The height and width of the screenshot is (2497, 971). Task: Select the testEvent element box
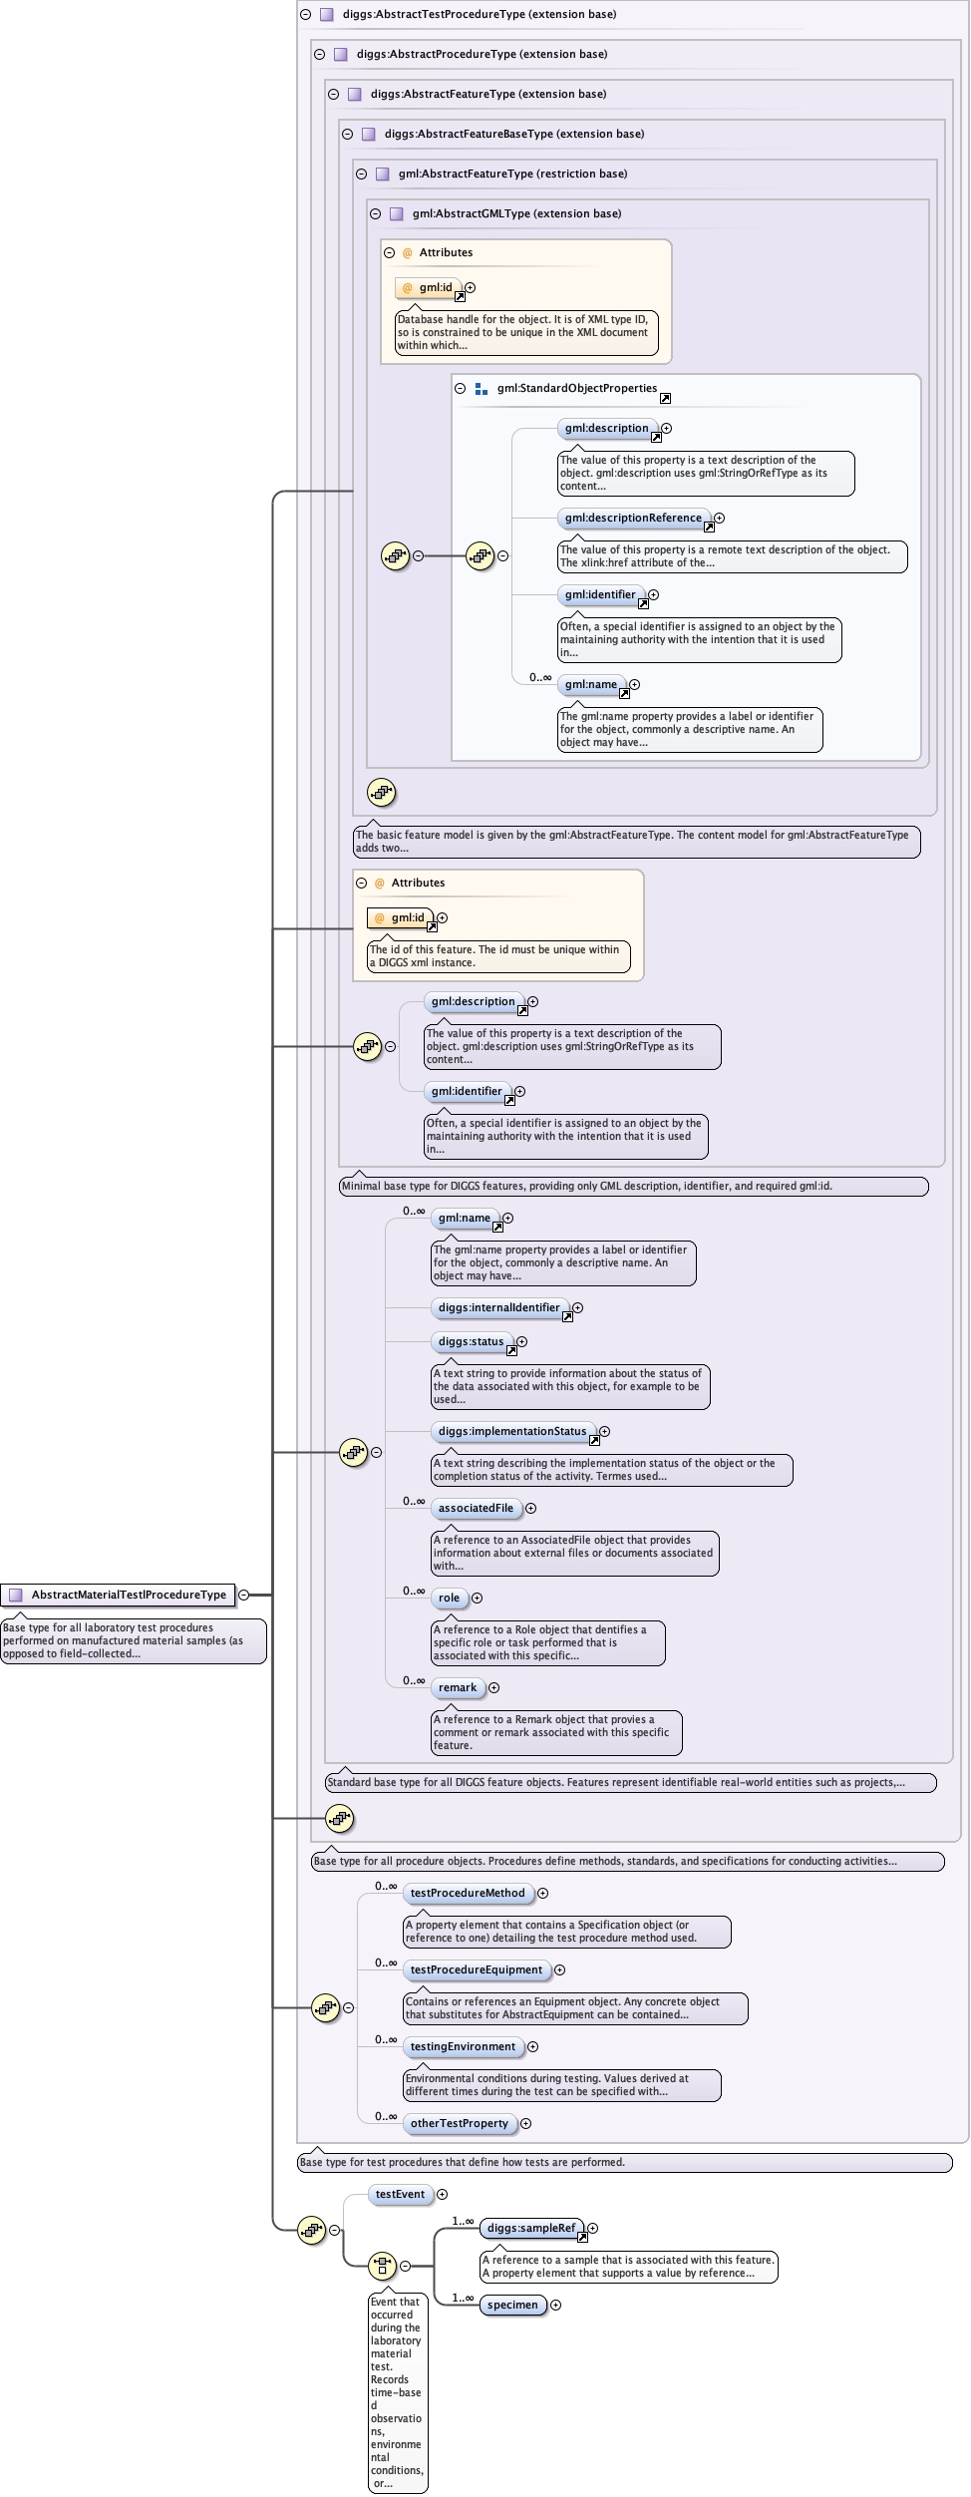click(400, 2194)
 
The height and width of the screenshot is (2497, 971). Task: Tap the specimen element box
click(512, 2305)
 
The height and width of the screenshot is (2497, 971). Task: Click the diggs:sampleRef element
click(530, 2228)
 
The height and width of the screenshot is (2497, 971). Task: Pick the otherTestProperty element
click(459, 2123)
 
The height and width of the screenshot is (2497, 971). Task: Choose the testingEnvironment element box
click(463, 2046)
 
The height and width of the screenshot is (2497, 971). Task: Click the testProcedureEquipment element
click(477, 1969)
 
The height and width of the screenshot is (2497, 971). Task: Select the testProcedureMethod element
click(467, 1893)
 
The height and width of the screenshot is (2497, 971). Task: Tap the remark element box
click(458, 1687)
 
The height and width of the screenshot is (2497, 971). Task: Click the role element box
click(449, 1598)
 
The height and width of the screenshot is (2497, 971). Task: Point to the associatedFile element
click(476, 1508)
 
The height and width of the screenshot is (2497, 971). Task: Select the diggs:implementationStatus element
click(512, 1431)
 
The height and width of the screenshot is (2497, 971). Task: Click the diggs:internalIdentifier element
click(498, 1307)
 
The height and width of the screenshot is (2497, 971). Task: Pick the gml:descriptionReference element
click(633, 518)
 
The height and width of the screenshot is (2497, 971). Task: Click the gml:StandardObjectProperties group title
click(576, 388)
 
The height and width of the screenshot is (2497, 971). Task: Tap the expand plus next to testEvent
click(443, 2194)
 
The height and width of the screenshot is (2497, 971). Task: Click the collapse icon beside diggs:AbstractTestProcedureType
click(306, 15)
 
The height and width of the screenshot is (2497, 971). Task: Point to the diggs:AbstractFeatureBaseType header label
click(513, 134)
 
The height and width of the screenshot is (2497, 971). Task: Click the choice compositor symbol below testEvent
click(382, 2266)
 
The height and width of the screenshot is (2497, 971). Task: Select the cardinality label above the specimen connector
click(463, 2298)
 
